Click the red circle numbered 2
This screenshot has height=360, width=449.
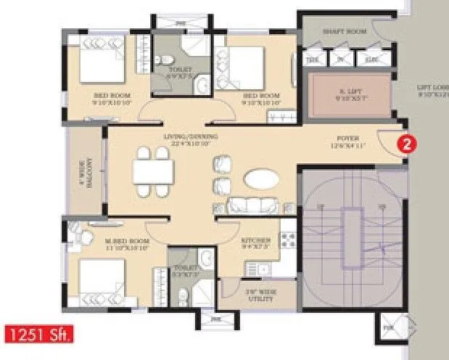[408, 144]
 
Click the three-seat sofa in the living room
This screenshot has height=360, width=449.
[250, 205]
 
